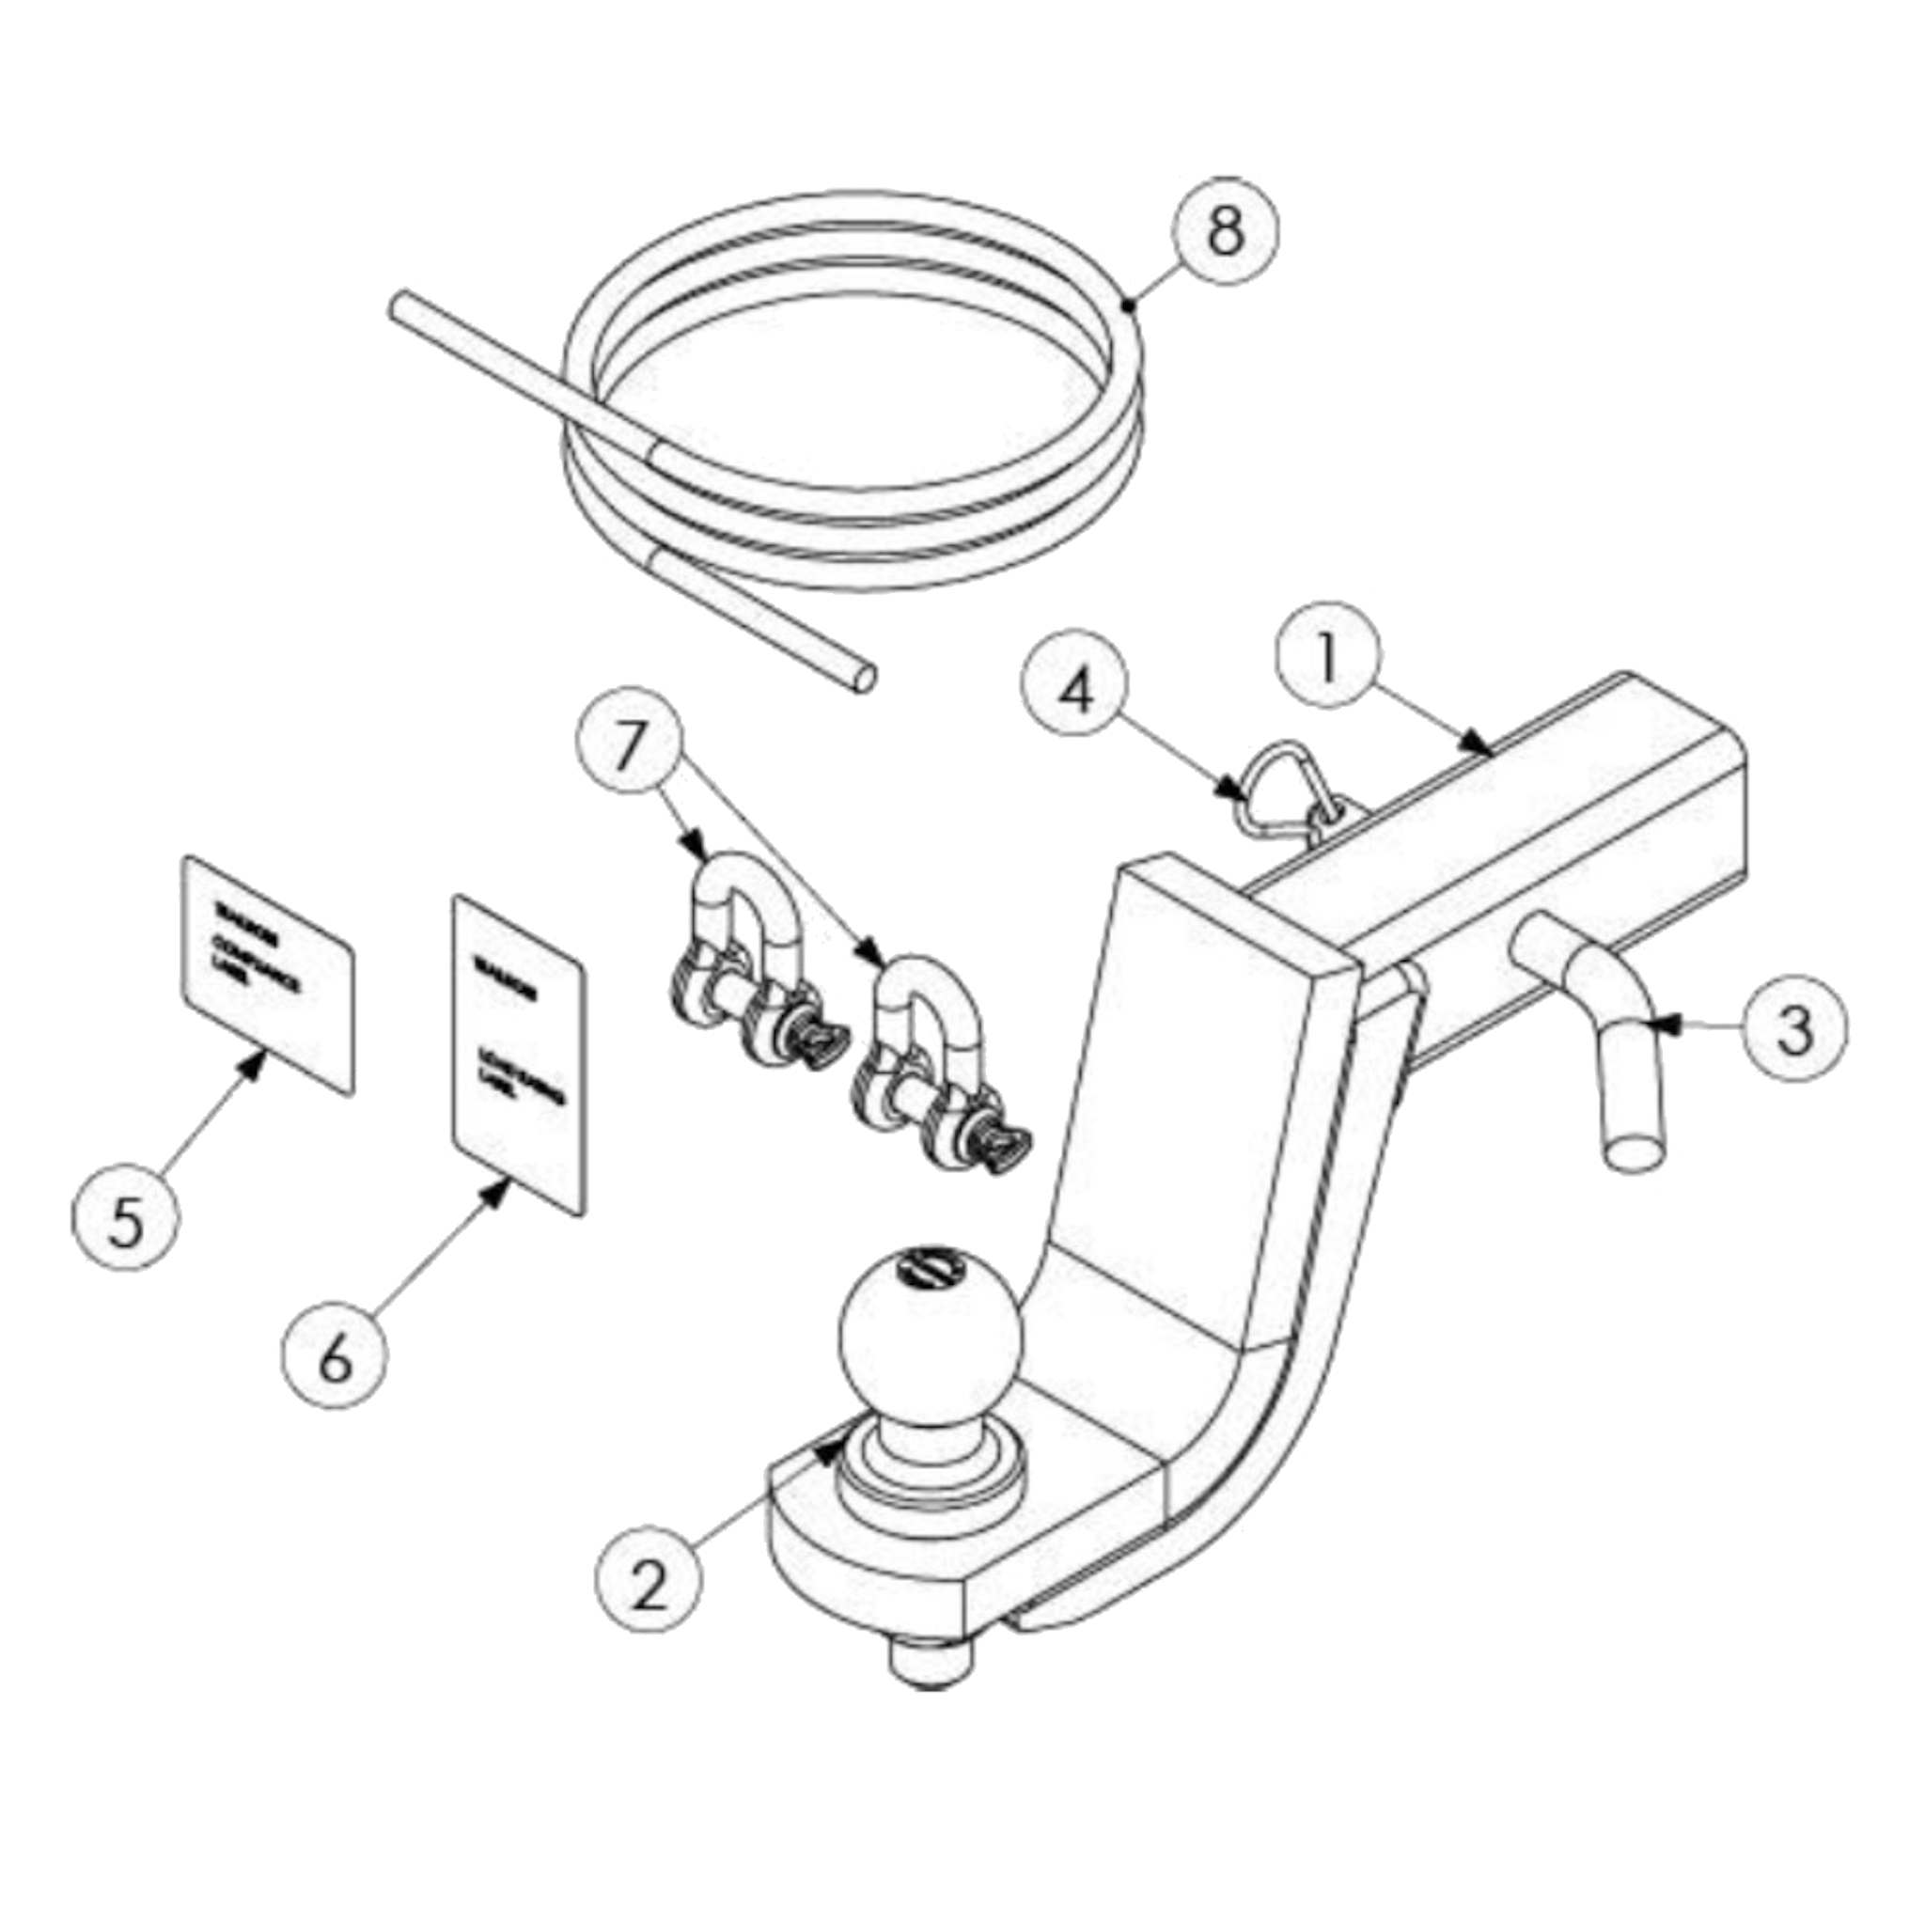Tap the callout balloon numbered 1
click(1327, 662)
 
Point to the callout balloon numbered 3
click(1793, 1031)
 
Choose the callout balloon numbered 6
click(334, 1358)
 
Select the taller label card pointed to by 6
click(519, 1052)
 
